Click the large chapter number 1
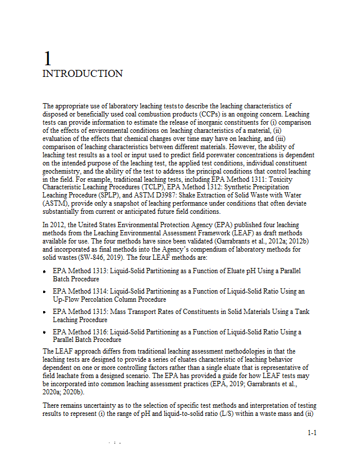(x=48, y=58)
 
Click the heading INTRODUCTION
(x=83, y=74)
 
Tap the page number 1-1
(x=312, y=433)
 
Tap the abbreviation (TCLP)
(x=151, y=188)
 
